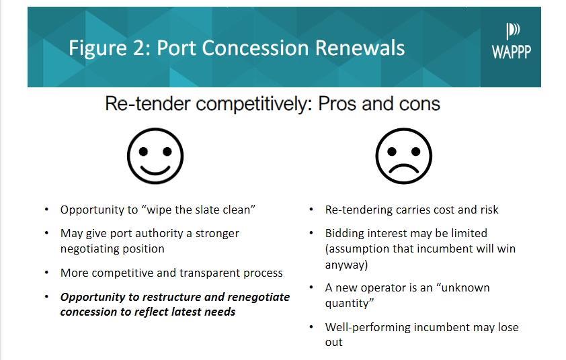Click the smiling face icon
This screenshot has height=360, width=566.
point(155,156)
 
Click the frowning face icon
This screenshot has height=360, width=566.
point(403,156)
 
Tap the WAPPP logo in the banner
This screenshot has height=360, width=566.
point(511,42)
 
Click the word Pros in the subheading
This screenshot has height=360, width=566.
point(341,104)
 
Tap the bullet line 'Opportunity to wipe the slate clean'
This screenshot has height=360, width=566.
point(158,210)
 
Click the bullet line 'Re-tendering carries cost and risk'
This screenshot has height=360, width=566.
point(411,210)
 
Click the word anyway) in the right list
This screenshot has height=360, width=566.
point(346,265)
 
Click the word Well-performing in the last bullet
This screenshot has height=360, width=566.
point(364,327)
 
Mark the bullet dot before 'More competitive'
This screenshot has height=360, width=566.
point(46,273)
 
